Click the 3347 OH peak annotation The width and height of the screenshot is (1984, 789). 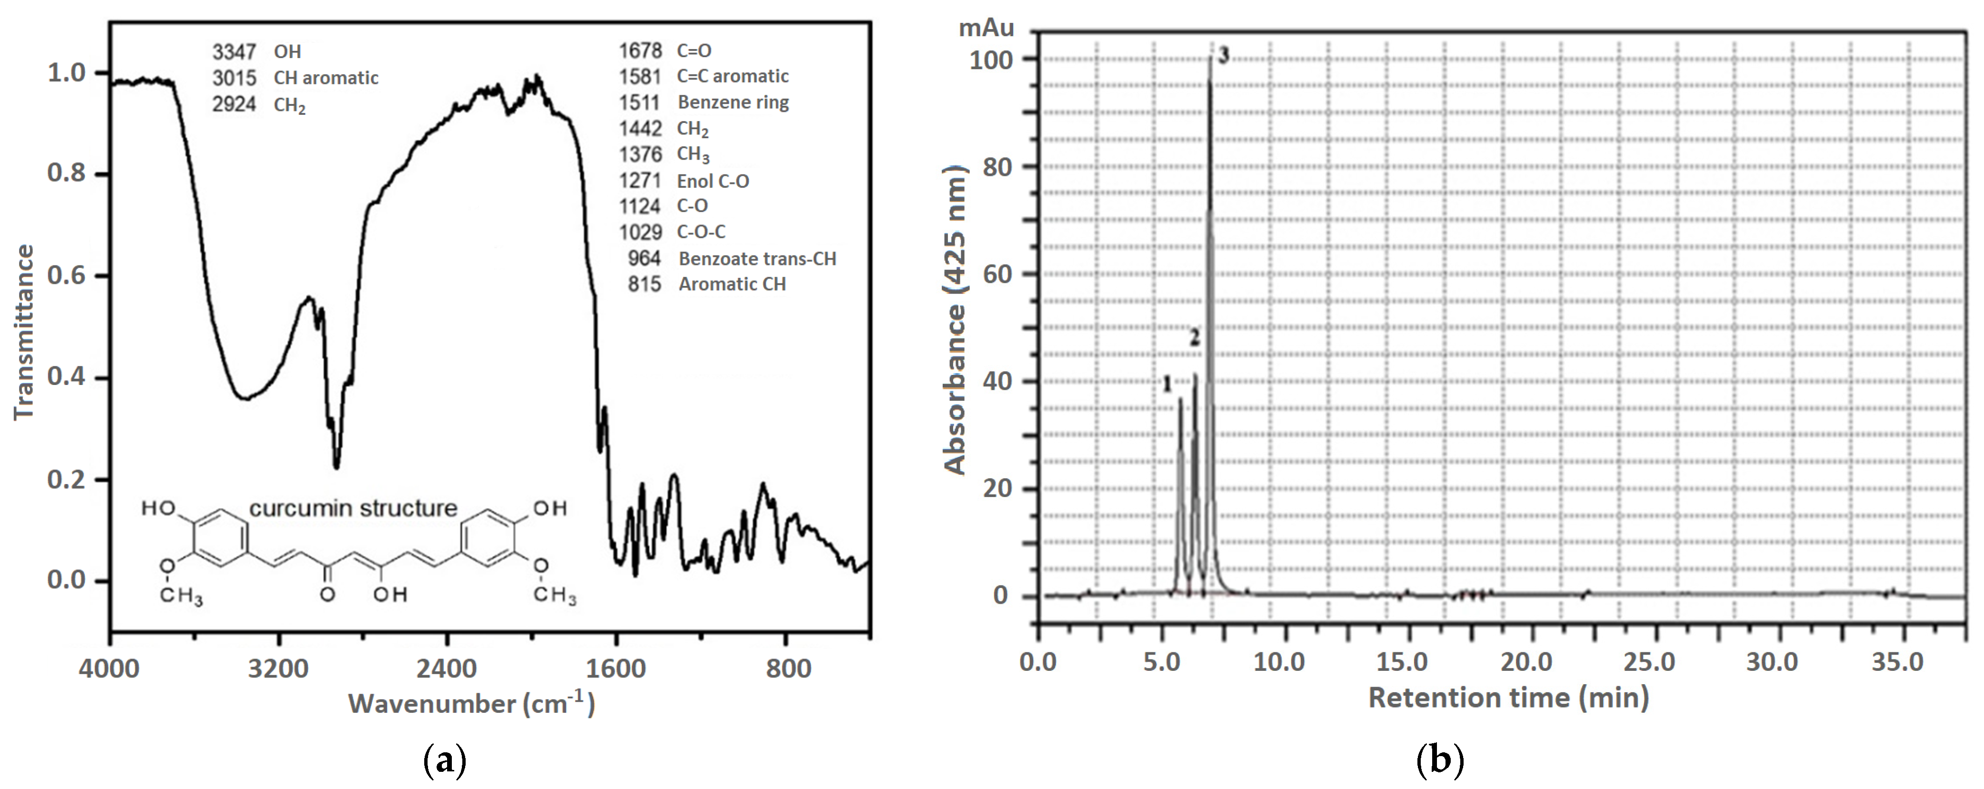tap(257, 51)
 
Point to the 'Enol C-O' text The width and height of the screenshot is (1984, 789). tap(712, 181)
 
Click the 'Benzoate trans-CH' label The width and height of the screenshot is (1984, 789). tap(757, 259)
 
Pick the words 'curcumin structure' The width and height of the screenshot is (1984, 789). tap(353, 508)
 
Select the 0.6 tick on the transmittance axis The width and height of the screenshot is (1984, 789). tap(67, 276)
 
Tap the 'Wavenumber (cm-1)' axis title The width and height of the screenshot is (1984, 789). tap(471, 703)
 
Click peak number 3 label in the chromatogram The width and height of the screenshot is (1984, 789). tap(1223, 55)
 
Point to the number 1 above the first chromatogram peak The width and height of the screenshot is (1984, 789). tap(1167, 383)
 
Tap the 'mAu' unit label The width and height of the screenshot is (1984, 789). tap(986, 29)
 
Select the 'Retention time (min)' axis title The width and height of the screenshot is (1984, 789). tap(1508, 698)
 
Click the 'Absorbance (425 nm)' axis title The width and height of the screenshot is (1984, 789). tap(955, 320)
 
